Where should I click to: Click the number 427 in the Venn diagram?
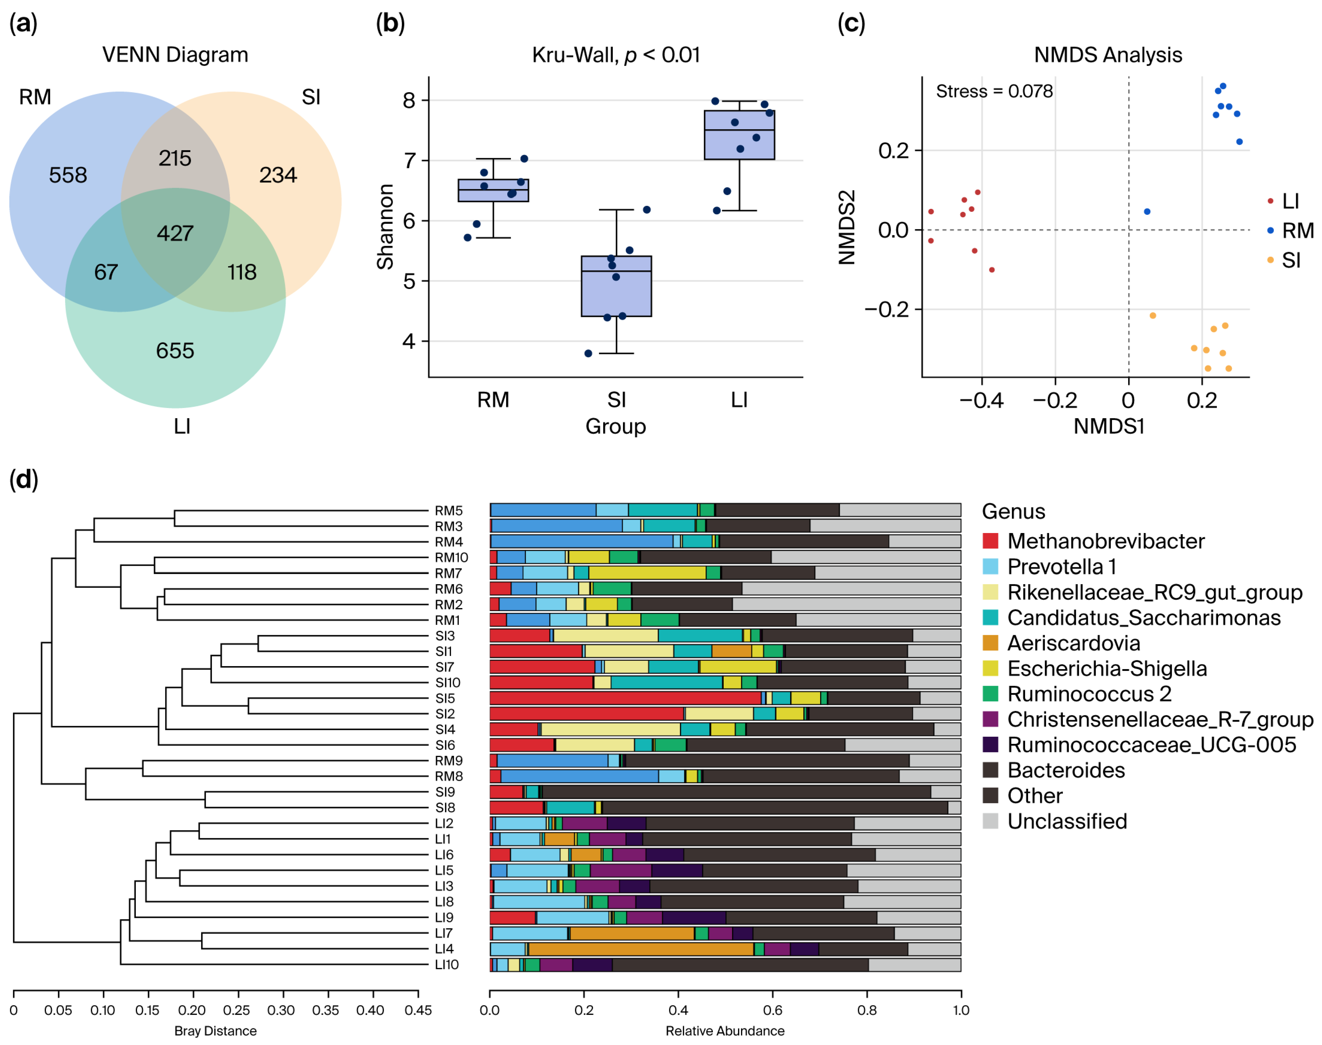(x=175, y=233)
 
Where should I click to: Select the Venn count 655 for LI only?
(x=175, y=351)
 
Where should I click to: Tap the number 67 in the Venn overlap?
(x=106, y=272)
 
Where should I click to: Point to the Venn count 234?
(x=278, y=175)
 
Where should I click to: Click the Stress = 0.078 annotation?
(x=994, y=92)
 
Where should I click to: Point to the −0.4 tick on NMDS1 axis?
(x=981, y=401)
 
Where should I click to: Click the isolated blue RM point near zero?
(x=1146, y=212)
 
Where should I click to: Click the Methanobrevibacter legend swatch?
(x=990, y=541)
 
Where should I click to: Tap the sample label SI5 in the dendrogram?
(x=445, y=698)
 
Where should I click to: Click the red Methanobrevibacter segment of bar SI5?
(x=624, y=698)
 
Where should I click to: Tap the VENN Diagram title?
(x=175, y=55)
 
